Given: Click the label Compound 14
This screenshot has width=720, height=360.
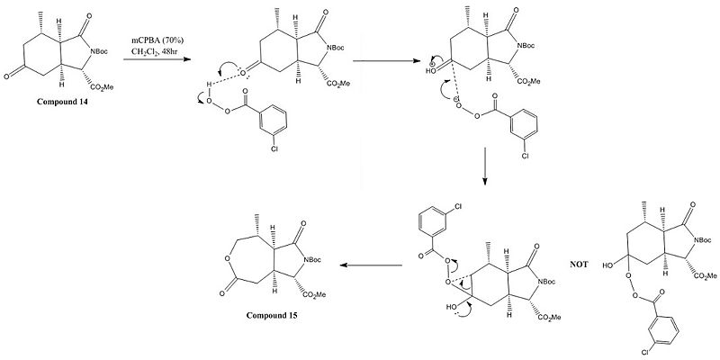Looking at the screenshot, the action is (63, 102).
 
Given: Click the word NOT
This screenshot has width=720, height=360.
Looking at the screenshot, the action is (579, 265).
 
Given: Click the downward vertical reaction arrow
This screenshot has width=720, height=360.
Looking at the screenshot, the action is (485, 166).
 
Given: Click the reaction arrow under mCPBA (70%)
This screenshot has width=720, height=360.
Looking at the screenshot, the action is (157, 59).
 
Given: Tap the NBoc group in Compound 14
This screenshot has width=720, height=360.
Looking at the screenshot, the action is (99, 51).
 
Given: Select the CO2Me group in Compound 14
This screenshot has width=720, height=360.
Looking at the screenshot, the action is (102, 87).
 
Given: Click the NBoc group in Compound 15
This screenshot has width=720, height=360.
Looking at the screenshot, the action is (311, 260).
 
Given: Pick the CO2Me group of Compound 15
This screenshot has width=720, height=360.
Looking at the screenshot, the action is (314, 295).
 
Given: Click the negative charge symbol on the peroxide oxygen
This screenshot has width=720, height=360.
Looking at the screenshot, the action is (456, 100).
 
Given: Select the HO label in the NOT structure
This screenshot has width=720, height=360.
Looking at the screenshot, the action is (609, 265).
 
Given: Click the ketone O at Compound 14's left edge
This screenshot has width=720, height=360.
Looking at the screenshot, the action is (6, 76).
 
